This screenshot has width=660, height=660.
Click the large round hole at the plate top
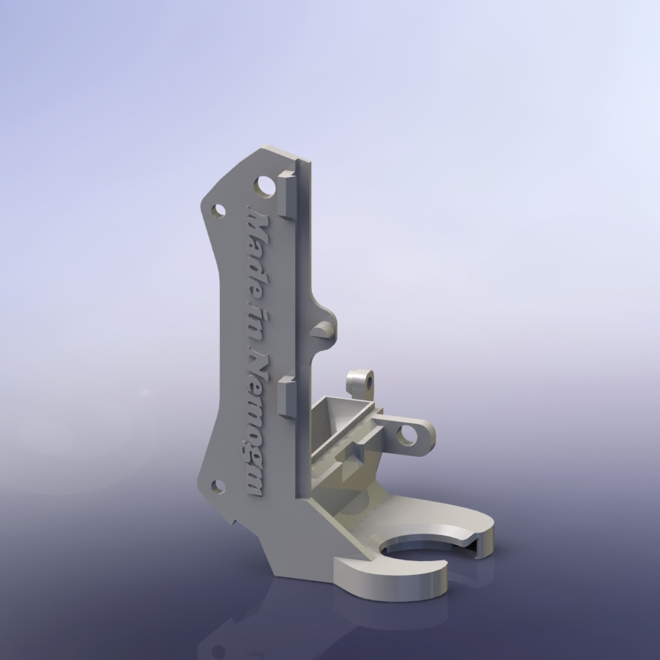click(264, 187)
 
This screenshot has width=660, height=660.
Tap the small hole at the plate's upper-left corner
click(218, 211)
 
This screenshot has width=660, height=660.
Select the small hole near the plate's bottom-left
click(218, 487)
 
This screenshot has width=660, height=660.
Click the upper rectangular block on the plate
click(287, 195)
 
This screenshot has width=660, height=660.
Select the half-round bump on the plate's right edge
click(324, 329)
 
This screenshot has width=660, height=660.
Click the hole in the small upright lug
click(369, 383)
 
